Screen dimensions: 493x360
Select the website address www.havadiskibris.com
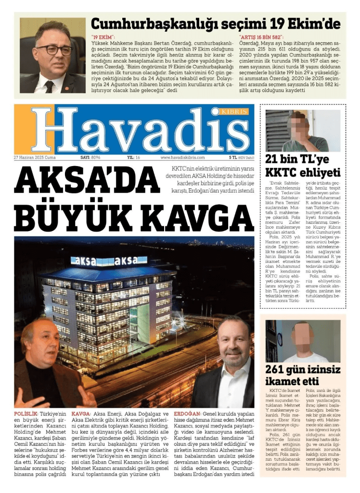(x=182, y=157)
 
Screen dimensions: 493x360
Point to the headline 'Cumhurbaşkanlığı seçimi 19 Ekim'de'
(x=216, y=24)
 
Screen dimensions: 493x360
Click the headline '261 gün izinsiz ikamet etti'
(x=303, y=376)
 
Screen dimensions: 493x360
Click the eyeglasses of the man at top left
(x=54, y=50)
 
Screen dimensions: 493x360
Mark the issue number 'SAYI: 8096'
(x=90, y=157)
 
